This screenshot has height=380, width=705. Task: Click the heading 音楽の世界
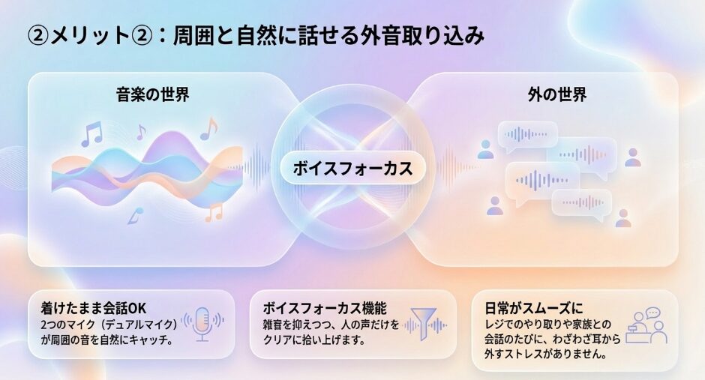coord(153,94)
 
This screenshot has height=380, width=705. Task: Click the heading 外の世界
coord(557,94)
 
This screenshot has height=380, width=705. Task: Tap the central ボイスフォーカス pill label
coord(353,169)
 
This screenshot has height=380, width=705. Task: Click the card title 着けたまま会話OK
coord(94,308)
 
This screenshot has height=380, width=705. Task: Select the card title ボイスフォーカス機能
coord(325,308)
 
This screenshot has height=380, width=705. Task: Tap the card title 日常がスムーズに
coord(534,308)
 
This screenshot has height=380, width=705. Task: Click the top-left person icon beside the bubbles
coord(485,150)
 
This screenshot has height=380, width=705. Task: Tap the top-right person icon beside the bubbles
coord(633,157)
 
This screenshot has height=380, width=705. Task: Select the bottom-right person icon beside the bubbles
coord(623,218)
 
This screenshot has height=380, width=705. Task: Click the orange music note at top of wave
coord(209,129)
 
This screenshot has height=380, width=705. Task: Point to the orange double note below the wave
coord(214,212)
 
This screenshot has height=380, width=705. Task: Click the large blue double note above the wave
coord(91,134)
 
